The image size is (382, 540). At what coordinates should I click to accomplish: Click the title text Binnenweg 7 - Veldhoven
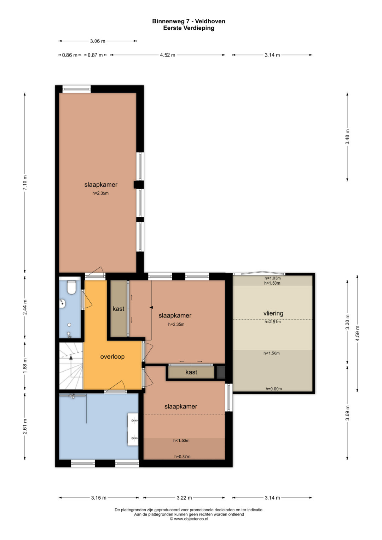point(189,21)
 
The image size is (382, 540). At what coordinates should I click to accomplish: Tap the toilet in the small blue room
point(71,288)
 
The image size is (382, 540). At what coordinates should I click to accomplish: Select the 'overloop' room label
point(112,356)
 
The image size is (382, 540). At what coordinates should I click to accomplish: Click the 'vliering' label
point(273,313)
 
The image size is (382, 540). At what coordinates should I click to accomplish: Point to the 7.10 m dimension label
point(25,183)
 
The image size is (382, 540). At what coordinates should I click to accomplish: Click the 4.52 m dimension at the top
point(168,55)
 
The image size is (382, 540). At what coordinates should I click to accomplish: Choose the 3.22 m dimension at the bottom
point(184,498)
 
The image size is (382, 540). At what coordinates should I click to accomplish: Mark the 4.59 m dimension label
point(358,333)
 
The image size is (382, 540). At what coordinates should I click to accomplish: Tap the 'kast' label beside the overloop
point(118,309)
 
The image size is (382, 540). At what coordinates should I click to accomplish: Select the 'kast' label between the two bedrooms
point(191,372)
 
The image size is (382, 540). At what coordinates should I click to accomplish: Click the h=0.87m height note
point(182,456)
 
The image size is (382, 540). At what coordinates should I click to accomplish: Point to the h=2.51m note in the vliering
point(272,321)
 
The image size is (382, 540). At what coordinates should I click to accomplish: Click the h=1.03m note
point(272,278)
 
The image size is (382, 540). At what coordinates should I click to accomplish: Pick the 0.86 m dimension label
point(70,55)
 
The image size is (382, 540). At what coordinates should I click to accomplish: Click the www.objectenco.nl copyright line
point(189,519)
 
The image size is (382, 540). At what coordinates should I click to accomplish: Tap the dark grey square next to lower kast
point(221,372)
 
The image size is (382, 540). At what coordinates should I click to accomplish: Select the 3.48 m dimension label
point(347,137)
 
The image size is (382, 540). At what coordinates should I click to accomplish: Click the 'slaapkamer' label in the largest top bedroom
point(101,185)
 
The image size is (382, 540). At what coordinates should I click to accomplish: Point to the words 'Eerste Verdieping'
point(189,28)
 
